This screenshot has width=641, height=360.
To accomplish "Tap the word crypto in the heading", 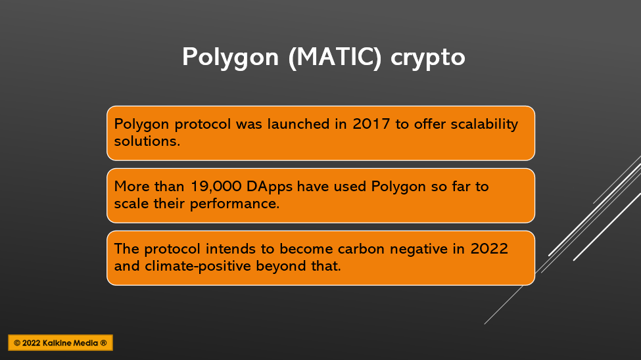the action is pos(427,58).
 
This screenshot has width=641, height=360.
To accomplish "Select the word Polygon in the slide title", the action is pos(230,58).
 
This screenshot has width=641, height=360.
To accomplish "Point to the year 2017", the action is pos(371,124).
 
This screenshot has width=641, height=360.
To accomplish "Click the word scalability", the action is pos(485,124).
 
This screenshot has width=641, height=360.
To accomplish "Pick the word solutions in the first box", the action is pos(147,141).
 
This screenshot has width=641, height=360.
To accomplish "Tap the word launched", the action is pos(298,124).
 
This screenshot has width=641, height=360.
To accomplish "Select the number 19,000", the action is pos(216,187).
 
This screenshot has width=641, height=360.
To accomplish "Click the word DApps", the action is pos(270,187).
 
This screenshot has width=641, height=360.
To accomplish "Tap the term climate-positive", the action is pos(198,267).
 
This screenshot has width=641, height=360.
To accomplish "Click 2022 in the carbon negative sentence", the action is pos(489,249).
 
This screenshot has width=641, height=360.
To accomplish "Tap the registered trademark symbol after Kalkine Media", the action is pos(103,343).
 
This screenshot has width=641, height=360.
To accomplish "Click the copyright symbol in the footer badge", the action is pos(17,343).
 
